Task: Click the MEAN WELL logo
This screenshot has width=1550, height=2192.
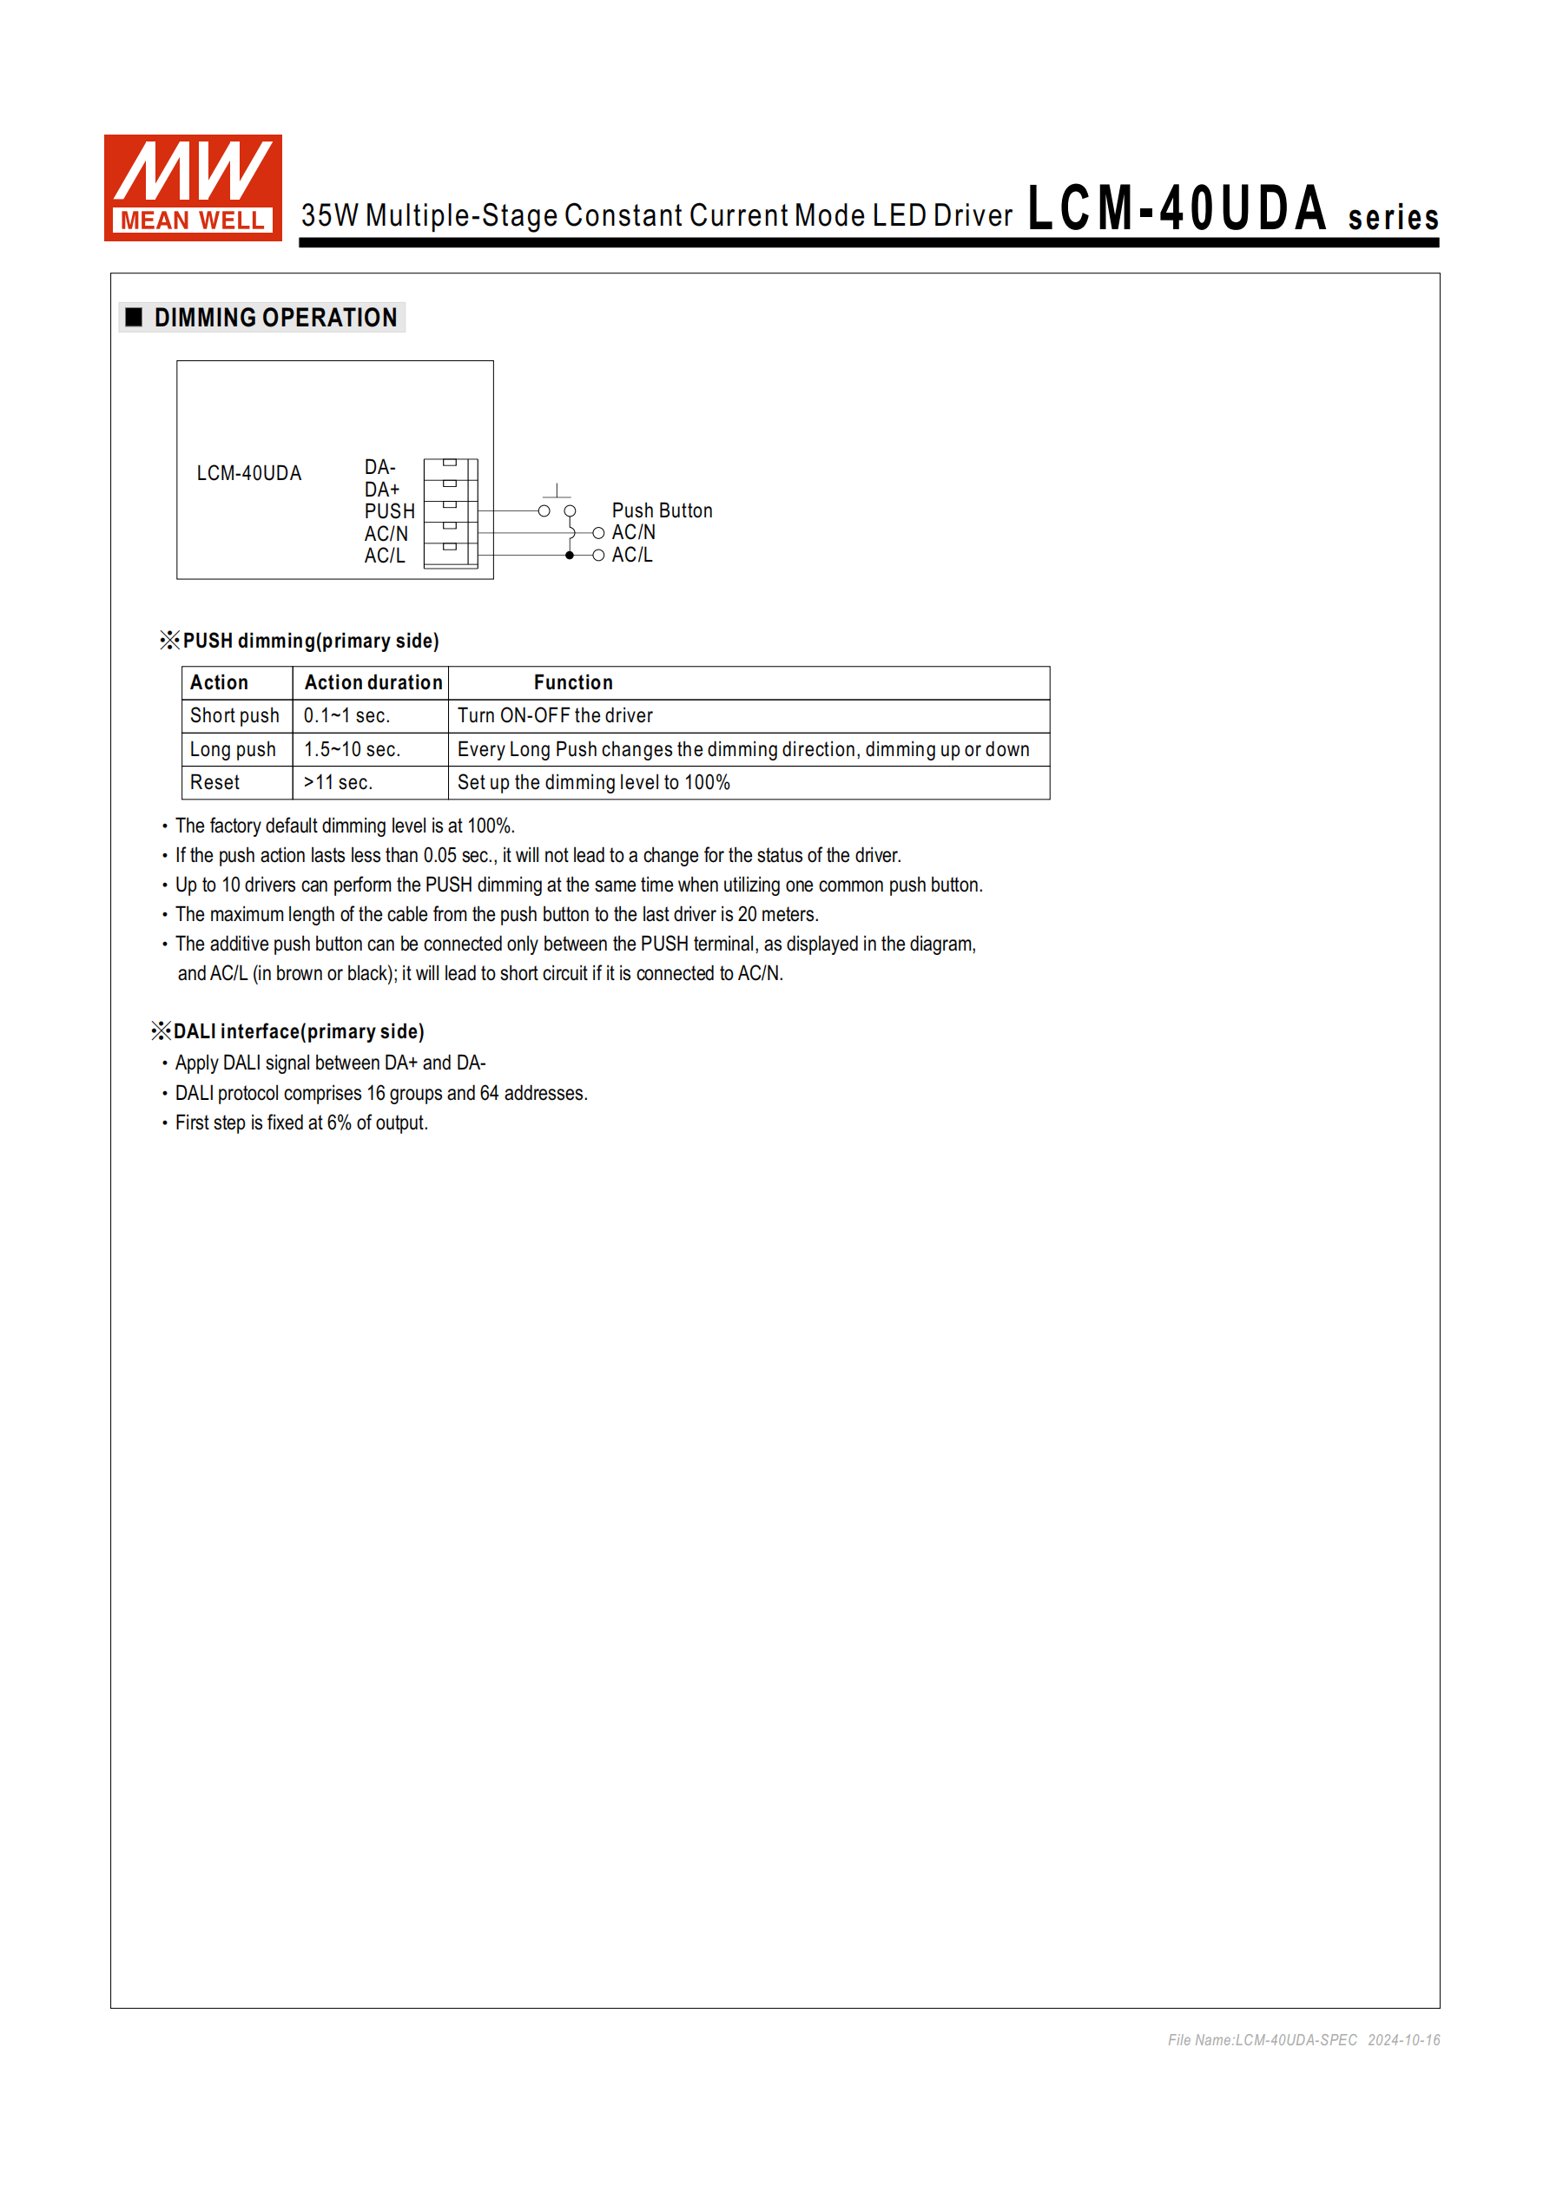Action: pyautogui.click(x=193, y=188)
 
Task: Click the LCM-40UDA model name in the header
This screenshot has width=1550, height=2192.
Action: pyautogui.click(x=1177, y=208)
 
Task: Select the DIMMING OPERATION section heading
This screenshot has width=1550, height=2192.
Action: pyautogui.click(x=275, y=318)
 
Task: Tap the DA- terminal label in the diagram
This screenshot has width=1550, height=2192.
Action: pyautogui.click(x=379, y=467)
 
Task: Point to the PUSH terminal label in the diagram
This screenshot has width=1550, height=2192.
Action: pyautogui.click(x=389, y=510)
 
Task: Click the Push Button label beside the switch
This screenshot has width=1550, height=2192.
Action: pyautogui.click(x=662, y=510)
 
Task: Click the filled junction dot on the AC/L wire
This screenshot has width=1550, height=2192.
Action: pyautogui.click(x=571, y=556)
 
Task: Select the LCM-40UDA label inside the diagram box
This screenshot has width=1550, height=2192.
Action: pyautogui.click(x=248, y=473)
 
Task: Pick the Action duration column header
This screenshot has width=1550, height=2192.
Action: pyautogui.click(x=373, y=682)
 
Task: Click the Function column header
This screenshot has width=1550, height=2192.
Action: pyautogui.click(x=573, y=682)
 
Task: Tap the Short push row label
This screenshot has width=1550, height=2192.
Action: pyautogui.click(x=234, y=716)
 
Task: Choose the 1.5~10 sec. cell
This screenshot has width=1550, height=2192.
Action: pyautogui.click(x=352, y=749)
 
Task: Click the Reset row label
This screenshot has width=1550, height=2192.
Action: pyautogui.click(x=214, y=783)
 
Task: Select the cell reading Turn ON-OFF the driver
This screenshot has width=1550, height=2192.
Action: pyautogui.click(x=555, y=716)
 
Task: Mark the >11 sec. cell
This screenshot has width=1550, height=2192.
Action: pyautogui.click(x=338, y=783)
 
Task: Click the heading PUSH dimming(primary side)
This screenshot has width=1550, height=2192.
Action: pyautogui.click(x=310, y=641)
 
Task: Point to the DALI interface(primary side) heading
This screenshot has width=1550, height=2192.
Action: pyautogui.click(x=298, y=1032)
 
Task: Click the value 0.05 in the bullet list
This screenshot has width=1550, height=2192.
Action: pyautogui.click(x=440, y=855)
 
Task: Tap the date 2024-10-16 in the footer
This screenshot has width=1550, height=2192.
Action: pyautogui.click(x=1403, y=2040)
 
